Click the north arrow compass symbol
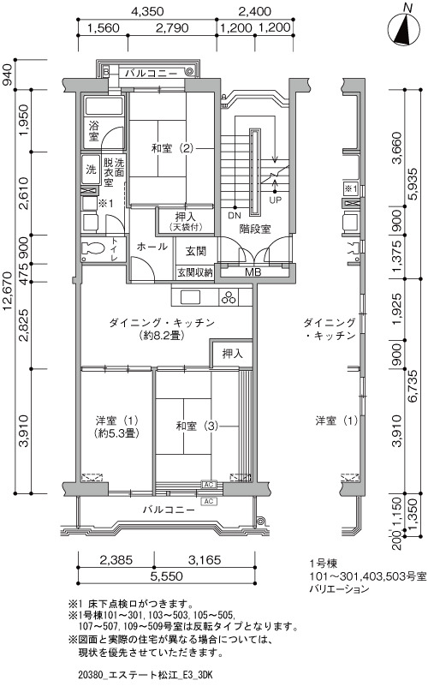[x=404, y=29]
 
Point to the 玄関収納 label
[x=195, y=272]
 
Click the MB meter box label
[x=253, y=272]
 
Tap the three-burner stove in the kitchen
[x=229, y=296]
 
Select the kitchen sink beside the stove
[x=190, y=296]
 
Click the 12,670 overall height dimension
[x=8, y=291]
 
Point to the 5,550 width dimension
[x=165, y=576]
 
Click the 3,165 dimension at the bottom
[x=205, y=559]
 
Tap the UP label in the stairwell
[x=275, y=200]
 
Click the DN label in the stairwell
[x=235, y=216]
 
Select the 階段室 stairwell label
[x=255, y=229]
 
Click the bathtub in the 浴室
[x=104, y=107]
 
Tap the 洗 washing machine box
[x=92, y=170]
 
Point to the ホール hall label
[x=152, y=247]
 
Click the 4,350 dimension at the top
[x=147, y=11]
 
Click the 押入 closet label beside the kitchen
[x=232, y=354]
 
